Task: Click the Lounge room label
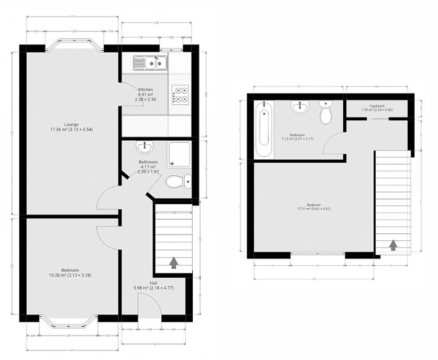click(71, 124)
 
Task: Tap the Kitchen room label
click(145, 90)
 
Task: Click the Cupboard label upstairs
click(376, 106)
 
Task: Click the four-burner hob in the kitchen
click(181, 94)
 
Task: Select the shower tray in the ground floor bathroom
click(181, 155)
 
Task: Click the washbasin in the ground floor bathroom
click(144, 148)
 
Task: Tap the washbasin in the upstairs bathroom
click(299, 107)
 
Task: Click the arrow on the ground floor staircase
click(173, 262)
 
